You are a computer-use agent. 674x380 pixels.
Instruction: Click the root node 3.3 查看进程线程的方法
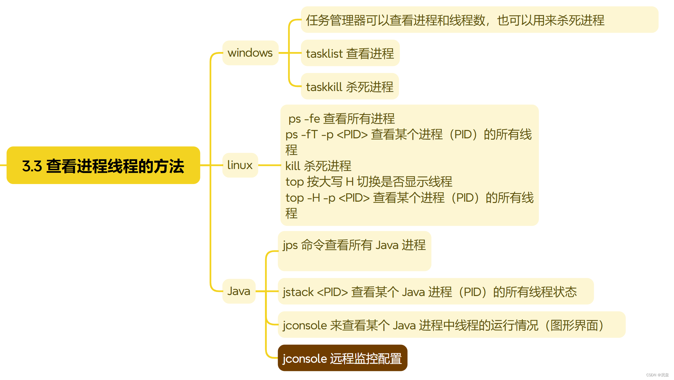point(103,165)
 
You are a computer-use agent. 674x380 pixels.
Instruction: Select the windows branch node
point(250,53)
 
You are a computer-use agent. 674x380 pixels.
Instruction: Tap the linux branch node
point(240,165)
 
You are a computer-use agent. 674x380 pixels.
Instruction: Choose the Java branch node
point(239,291)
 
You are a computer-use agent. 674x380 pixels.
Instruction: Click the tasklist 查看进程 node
point(350,53)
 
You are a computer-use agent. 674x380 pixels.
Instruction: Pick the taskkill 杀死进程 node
point(349,87)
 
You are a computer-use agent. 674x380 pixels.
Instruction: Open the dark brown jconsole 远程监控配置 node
point(342,358)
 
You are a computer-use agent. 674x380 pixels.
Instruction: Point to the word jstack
point(298,292)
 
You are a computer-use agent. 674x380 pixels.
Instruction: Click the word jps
point(290,245)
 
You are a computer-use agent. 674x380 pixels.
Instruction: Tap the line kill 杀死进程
point(318,166)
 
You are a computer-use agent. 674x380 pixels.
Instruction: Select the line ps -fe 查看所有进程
point(341,119)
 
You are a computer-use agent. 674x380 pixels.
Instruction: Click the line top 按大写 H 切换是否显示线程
point(369,182)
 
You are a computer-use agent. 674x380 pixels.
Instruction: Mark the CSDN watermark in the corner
point(657,375)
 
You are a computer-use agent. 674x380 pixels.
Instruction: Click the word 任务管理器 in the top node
point(336,20)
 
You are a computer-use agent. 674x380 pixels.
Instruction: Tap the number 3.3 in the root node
point(32,166)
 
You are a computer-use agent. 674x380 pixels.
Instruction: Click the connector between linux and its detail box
point(269,165)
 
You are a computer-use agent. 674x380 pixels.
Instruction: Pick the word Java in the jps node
point(387,245)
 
